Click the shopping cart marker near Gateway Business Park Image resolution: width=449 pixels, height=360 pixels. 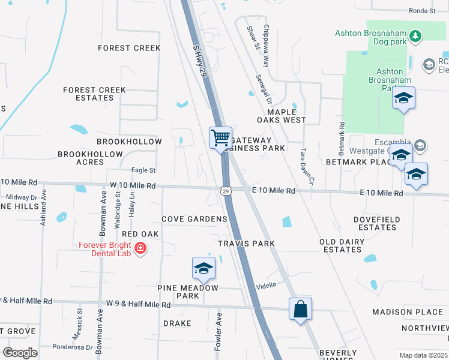[x=220, y=137]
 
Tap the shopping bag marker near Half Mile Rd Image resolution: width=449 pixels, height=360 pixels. [x=300, y=309]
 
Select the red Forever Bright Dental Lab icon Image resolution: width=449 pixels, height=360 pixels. [x=140, y=248]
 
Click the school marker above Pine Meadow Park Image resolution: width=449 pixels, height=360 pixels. [x=203, y=268]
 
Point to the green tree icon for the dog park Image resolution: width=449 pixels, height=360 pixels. [x=415, y=37]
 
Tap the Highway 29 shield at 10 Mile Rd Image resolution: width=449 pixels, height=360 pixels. [x=224, y=191]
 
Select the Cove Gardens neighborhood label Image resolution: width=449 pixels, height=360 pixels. [x=194, y=219]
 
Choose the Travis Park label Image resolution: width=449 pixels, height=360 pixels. [x=246, y=244]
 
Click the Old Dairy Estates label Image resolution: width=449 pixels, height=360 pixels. [x=340, y=246]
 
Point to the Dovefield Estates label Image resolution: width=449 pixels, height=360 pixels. [x=376, y=224]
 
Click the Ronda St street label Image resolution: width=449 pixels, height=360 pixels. [x=422, y=11]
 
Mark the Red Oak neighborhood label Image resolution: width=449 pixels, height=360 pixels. [x=140, y=233]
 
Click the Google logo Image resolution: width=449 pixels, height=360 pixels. [x=20, y=353]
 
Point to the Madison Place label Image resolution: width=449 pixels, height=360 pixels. [x=408, y=312]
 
